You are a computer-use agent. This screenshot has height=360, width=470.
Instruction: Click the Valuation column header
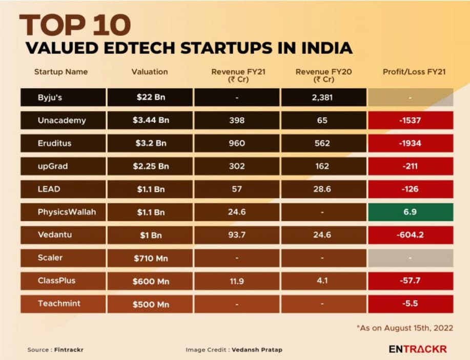pyautogui.click(x=149, y=72)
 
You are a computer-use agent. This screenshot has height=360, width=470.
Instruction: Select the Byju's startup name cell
pyautogui.click(x=63, y=97)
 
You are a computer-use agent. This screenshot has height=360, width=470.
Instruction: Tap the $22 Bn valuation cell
pyautogui.click(x=149, y=97)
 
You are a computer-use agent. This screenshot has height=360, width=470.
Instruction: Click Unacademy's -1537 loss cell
pyautogui.click(x=410, y=120)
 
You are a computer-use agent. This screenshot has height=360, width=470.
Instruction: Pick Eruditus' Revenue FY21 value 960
pyautogui.click(x=236, y=143)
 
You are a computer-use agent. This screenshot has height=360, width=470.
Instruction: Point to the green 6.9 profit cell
pyautogui.click(x=410, y=212)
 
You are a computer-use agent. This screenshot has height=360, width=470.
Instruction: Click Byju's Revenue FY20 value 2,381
pyautogui.click(x=323, y=97)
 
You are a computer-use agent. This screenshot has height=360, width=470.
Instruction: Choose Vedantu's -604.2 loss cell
pyautogui.click(x=410, y=235)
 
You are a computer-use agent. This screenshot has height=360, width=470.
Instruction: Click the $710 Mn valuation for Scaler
pyautogui.click(x=149, y=258)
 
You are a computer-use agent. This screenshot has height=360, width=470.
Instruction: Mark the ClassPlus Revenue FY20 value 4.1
pyautogui.click(x=323, y=281)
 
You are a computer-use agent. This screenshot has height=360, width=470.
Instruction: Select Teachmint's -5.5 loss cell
pyautogui.click(x=410, y=304)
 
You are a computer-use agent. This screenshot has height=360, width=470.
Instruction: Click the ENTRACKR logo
pyautogui.click(x=418, y=349)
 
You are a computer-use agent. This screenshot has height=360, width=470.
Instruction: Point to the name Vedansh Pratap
pyautogui.click(x=256, y=350)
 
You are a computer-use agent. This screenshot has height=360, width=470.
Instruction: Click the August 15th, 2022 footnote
pyautogui.click(x=405, y=328)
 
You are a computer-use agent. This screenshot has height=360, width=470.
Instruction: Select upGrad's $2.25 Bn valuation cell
pyautogui.click(x=149, y=166)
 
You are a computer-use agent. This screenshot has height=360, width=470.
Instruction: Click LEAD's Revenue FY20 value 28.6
pyautogui.click(x=323, y=189)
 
